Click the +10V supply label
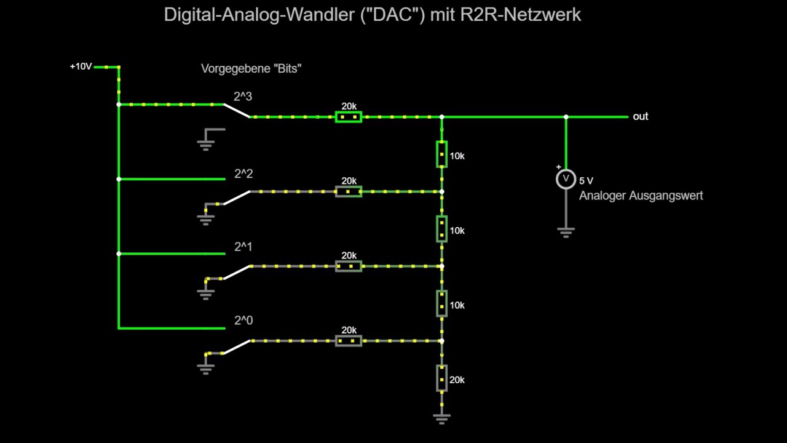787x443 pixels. coord(81,66)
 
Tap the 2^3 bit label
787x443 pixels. coord(243,97)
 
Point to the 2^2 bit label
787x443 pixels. coord(243,174)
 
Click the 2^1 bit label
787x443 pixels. coord(243,247)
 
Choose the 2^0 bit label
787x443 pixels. coord(243,321)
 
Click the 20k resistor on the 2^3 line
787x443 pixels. coord(349,116)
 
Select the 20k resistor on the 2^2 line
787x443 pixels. coord(349,191)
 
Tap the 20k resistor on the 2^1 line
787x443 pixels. coord(349,266)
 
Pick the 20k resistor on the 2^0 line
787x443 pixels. coord(349,340)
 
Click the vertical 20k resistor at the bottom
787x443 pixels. coord(441,378)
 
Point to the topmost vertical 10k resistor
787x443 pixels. coord(441,154)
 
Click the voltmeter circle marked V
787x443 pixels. coord(566,179)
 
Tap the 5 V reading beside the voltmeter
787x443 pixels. coord(586,181)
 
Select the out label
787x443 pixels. coord(640,116)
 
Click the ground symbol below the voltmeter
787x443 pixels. coord(566,232)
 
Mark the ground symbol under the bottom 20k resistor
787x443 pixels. coord(441,418)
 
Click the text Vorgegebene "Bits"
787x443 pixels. coord(251,68)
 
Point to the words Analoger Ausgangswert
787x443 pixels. coord(641,196)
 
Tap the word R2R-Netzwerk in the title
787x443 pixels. coord(520,15)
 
